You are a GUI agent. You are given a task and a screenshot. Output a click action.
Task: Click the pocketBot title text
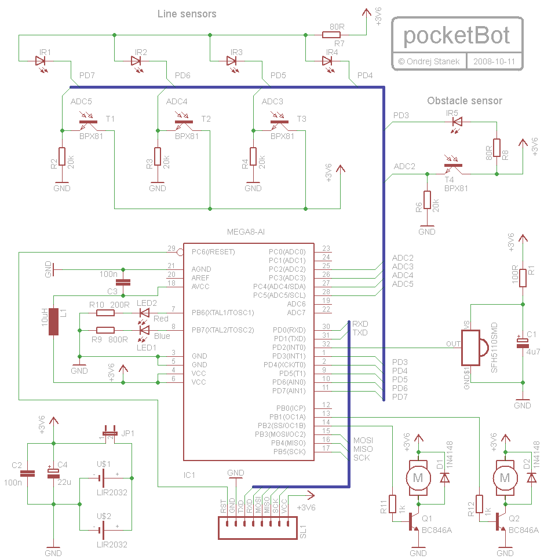(x=457, y=35)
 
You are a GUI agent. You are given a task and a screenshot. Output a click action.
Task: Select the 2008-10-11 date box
(x=497, y=61)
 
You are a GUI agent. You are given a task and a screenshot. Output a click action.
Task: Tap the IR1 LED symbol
(x=41, y=60)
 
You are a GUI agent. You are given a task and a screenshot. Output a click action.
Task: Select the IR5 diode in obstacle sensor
(x=457, y=122)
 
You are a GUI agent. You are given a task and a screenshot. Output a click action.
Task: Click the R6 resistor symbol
(x=427, y=200)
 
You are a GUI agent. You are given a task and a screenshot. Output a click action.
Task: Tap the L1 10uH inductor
(x=54, y=321)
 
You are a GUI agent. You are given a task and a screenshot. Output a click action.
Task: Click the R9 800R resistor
(x=105, y=330)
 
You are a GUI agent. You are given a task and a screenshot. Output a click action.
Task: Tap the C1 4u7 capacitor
(x=523, y=343)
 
